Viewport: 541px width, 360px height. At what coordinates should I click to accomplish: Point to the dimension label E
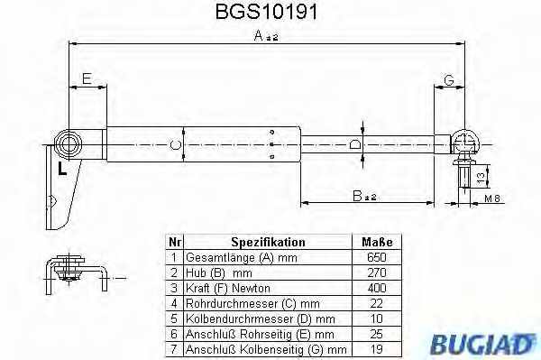click(x=87, y=80)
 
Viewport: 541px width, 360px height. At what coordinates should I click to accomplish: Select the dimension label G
click(x=448, y=80)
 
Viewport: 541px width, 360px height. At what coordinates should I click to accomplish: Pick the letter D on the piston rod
click(x=353, y=143)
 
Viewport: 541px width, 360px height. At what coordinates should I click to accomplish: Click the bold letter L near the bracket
click(x=60, y=169)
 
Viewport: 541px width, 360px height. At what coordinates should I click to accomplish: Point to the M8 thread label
click(x=491, y=198)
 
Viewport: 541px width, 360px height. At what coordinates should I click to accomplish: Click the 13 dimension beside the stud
click(x=481, y=174)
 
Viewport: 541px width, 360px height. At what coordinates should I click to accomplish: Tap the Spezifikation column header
click(x=268, y=243)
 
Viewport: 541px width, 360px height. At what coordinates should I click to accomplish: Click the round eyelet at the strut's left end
click(x=69, y=143)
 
